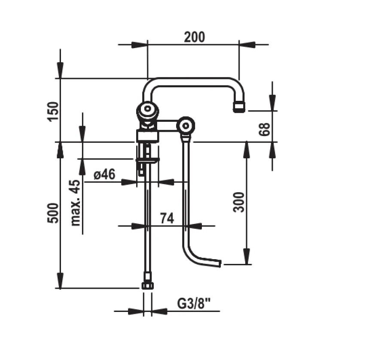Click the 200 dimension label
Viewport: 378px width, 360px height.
tap(194, 37)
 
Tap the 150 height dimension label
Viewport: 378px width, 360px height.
tap(53, 112)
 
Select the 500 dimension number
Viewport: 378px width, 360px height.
tap(53, 213)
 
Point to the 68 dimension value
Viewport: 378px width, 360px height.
tap(264, 129)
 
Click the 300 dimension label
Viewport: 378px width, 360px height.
tap(239, 202)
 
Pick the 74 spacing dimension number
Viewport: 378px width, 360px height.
tap(167, 218)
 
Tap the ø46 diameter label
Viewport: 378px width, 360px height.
tap(104, 174)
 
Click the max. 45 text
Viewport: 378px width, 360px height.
tap(76, 203)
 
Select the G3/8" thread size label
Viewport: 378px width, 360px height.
tap(194, 303)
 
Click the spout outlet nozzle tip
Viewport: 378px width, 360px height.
tap(239, 107)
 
